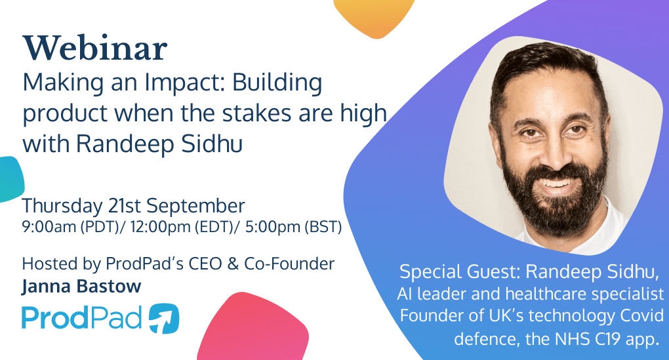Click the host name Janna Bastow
[81, 287]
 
